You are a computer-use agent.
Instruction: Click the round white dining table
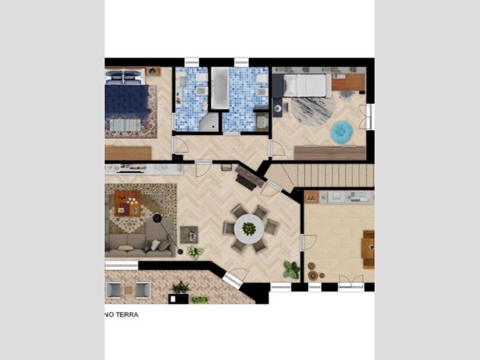249,229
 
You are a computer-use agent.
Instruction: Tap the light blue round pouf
342,132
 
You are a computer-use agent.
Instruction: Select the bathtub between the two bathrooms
219,88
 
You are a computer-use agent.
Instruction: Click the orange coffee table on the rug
127,203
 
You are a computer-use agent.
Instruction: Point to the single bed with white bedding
304,85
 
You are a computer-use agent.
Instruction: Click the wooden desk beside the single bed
348,81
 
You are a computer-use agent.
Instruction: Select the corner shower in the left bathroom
209,123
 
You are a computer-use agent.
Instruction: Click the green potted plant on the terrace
181,287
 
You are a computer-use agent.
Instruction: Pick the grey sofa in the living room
140,241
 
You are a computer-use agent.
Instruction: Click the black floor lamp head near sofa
157,218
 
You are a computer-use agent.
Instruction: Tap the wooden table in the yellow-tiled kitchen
368,249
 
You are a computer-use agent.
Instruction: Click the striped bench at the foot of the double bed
125,125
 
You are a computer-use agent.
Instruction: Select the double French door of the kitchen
351,282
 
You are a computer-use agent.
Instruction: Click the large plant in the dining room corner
291,270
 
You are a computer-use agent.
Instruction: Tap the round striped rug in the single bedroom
313,111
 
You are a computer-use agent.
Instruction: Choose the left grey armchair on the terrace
114,290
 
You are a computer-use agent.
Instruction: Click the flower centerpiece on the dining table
249,229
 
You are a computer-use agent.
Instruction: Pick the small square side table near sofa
189,234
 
